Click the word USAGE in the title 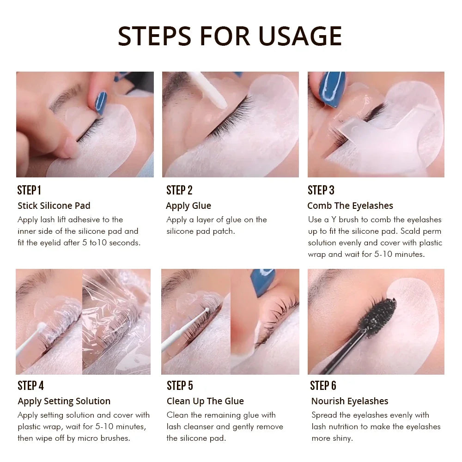point(300,36)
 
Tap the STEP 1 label point(29,190)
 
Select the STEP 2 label point(179,190)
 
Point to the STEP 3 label point(321,190)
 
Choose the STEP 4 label point(30,386)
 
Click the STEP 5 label point(180,386)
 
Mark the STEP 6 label point(323,386)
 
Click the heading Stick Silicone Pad point(54,206)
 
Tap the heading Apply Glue point(188,206)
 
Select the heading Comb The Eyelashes point(350,206)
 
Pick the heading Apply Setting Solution point(64,401)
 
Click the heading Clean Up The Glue point(205,401)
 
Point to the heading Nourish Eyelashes point(350,401)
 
